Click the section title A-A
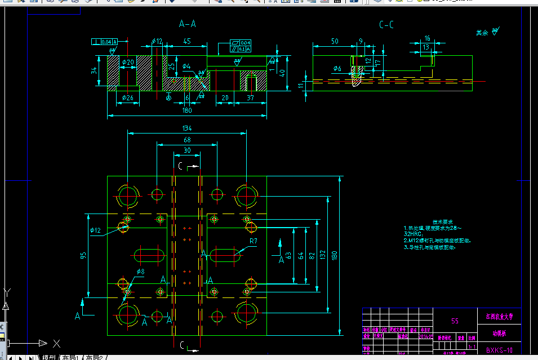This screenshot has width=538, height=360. tap(188, 24)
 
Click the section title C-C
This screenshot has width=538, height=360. tap(386, 25)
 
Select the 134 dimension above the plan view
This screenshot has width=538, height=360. tap(187, 128)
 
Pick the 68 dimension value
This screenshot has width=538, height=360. tap(187, 140)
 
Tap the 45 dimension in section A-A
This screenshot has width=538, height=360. tap(186, 42)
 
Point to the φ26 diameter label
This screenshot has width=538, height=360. tap(127, 97)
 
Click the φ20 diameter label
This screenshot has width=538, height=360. tap(128, 62)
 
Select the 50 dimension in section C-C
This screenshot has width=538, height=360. tap(335, 42)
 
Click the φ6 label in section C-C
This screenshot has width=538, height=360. tap(337, 69)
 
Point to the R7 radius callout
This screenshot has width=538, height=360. tap(254, 241)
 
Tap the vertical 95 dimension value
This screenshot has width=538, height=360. tap(83, 255)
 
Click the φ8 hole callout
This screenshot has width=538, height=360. tap(140, 272)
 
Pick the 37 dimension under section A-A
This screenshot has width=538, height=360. tap(250, 97)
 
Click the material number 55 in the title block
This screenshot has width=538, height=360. tap(455, 321)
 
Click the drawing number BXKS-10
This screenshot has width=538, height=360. tap(499, 350)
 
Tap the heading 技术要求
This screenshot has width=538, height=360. tap(442, 222)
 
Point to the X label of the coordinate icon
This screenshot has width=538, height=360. tap(56, 343)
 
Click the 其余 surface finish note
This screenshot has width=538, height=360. tap(482, 33)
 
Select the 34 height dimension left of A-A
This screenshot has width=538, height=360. tap(94, 71)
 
